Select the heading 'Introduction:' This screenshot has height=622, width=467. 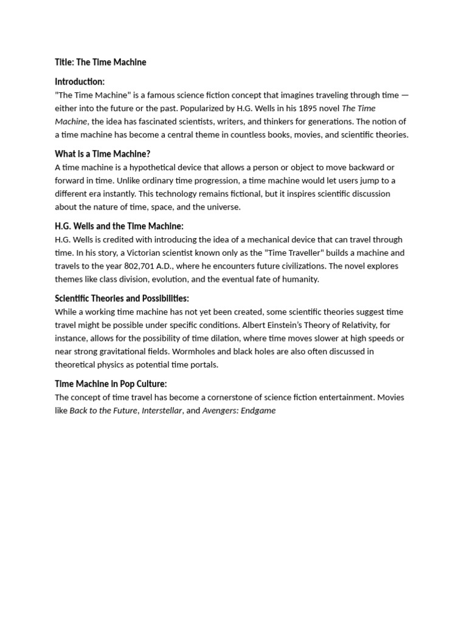click(x=80, y=81)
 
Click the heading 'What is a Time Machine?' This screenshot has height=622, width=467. click(x=102, y=154)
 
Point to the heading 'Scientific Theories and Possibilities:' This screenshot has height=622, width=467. click(x=122, y=298)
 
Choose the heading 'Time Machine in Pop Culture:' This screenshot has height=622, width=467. click(x=111, y=384)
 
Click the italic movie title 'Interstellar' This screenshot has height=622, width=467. click(x=162, y=411)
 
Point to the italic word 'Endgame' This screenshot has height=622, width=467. click(x=259, y=411)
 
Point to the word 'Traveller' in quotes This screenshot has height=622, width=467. click(x=304, y=253)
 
